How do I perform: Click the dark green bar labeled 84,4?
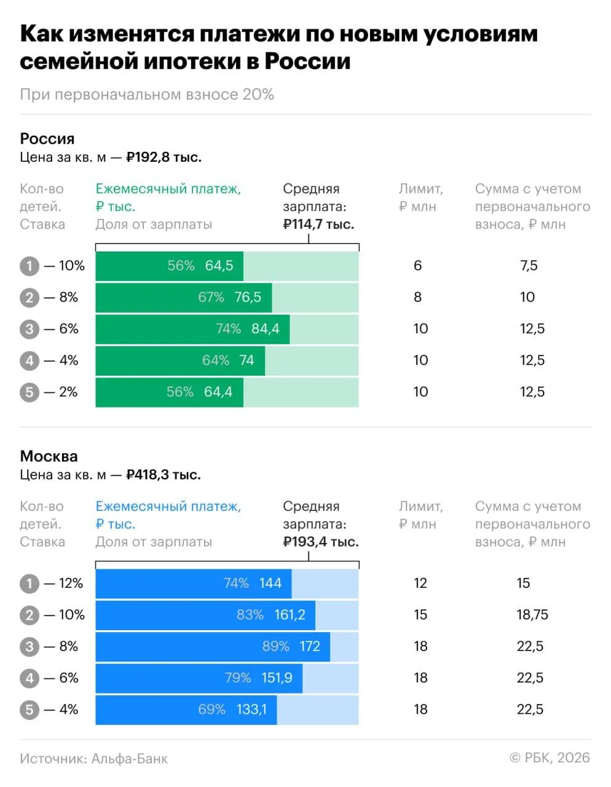click(192, 329)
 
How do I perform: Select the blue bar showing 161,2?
click(205, 615)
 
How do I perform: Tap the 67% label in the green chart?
click(211, 298)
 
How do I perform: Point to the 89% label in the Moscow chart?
click(276, 646)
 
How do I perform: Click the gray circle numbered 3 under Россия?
click(30, 329)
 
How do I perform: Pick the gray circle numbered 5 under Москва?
click(30, 710)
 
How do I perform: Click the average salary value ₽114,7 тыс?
click(318, 224)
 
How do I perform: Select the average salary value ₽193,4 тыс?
click(321, 542)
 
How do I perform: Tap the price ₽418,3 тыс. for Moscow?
click(164, 475)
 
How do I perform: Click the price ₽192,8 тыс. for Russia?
click(164, 157)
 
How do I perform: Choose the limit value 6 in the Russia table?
click(418, 266)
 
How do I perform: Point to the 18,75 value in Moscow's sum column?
click(532, 615)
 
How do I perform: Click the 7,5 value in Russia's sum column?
click(529, 266)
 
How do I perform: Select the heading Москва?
click(49, 456)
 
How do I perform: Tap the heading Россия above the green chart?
click(47, 139)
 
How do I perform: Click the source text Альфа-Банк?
click(130, 759)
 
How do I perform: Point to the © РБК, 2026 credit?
click(550, 757)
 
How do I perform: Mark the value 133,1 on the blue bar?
click(251, 710)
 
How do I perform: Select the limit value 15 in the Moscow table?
click(420, 615)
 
